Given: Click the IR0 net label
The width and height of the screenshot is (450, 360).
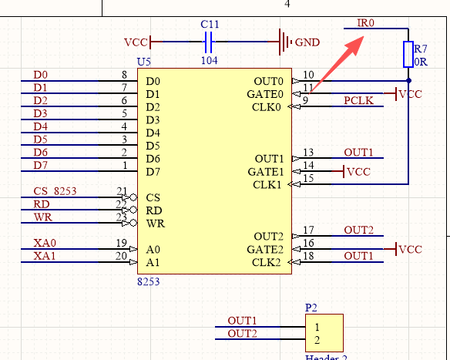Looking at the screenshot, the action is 365,22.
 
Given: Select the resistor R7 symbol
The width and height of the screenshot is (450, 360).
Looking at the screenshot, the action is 408,54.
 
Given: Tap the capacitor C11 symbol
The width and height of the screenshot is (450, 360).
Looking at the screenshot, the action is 209,42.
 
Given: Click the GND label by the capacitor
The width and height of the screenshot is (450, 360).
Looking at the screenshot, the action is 307,42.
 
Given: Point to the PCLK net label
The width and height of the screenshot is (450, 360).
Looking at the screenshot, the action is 359,100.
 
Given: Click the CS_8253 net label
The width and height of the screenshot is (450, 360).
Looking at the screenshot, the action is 55,191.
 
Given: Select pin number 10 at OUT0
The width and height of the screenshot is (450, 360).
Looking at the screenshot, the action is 308,75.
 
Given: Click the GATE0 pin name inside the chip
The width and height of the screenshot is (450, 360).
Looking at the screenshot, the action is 265,94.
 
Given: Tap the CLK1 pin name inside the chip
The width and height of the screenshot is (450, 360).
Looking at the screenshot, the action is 267,184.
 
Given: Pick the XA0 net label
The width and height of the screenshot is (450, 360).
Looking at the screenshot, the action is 45,243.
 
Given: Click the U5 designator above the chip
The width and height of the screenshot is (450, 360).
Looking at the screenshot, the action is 144,62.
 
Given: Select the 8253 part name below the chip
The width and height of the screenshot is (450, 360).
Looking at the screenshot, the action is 149,281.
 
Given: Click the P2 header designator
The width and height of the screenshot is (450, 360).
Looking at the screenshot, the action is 311,308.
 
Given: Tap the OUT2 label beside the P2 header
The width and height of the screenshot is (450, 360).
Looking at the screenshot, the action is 242,334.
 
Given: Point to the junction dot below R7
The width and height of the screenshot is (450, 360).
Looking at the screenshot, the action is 408,81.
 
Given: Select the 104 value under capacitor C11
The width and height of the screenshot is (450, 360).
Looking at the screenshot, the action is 210,61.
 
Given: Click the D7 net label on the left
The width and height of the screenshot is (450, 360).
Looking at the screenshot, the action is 41,166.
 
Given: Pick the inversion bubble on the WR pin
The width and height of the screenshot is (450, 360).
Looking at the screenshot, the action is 133,223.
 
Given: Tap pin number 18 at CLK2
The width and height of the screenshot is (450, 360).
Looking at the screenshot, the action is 308,256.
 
